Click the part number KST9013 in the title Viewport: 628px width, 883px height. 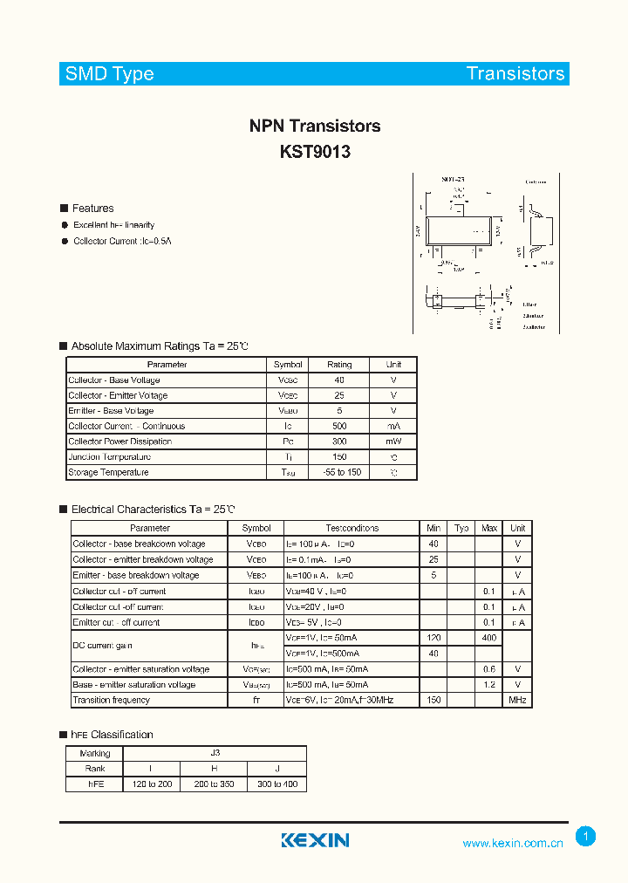point(315,152)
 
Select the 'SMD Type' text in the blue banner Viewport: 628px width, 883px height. point(110,74)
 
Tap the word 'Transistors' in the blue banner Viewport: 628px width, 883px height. point(515,74)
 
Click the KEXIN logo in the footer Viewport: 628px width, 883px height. point(315,840)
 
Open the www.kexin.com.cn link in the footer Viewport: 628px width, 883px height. point(513,843)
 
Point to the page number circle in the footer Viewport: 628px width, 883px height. point(586,837)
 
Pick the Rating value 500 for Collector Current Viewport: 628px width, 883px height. point(339,427)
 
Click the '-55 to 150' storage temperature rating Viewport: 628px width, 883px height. point(339,473)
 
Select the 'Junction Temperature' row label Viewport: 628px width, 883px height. point(110,457)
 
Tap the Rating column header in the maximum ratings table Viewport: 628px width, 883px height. point(339,365)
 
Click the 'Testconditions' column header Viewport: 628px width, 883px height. point(352,529)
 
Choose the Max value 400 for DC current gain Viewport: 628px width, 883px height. point(489,639)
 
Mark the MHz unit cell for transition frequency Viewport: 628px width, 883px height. point(518,701)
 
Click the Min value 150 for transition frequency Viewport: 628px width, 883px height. point(434,701)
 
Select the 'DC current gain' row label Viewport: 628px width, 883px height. point(103,646)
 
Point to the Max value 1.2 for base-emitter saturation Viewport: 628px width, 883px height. point(489,685)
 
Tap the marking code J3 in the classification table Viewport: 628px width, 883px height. point(215,754)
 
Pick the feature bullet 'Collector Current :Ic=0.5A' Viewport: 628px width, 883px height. point(123,241)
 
